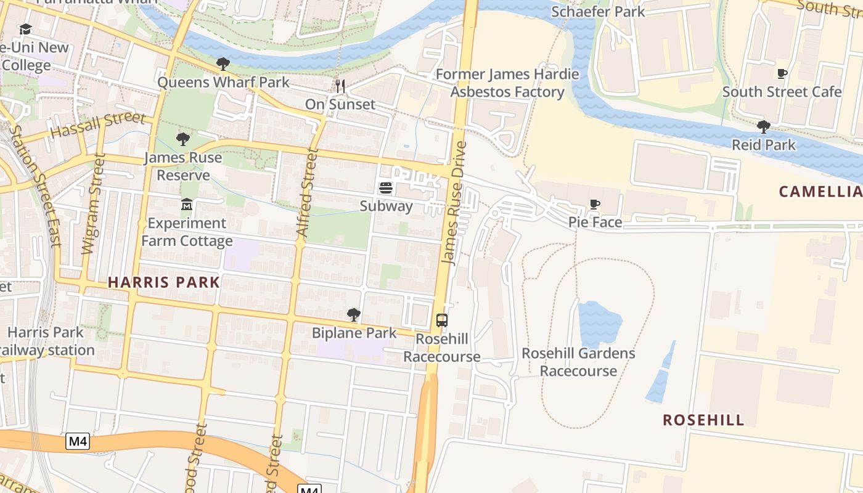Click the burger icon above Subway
click(x=386, y=187)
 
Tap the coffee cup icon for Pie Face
click(x=595, y=204)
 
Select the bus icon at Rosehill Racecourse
click(x=442, y=320)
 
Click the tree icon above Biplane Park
click(x=353, y=315)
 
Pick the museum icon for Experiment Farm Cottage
click(x=187, y=204)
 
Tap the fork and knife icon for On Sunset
click(x=340, y=86)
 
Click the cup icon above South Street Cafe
click(x=782, y=74)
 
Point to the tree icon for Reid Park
click(x=764, y=127)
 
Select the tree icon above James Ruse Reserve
click(x=182, y=139)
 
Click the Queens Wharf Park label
click(x=223, y=82)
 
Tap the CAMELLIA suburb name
click(x=820, y=192)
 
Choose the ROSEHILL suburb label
click(x=703, y=420)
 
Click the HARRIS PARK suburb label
click(x=164, y=282)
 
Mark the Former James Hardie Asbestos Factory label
click(x=507, y=83)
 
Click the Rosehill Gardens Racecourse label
click(x=578, y=362)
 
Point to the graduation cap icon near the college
click(x=25, y=30)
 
